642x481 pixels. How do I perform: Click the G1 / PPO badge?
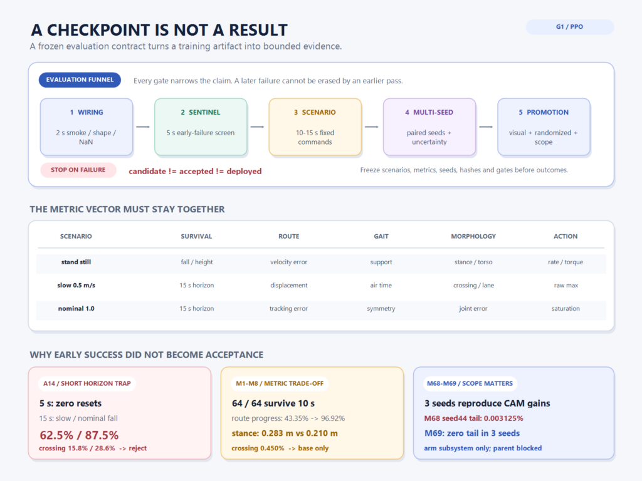point(569,27)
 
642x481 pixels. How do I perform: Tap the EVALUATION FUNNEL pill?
point(80,80)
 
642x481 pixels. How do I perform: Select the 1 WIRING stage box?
point(87,127)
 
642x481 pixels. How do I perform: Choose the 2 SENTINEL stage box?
point(201,127)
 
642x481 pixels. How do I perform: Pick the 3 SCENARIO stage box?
point(315,127)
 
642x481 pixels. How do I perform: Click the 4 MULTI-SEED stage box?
point(429,127)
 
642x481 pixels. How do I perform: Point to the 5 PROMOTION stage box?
point(544,127)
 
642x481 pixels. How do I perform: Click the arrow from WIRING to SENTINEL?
point(143,127)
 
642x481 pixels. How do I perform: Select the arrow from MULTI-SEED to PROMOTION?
point(486,127)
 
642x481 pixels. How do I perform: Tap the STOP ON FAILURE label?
point(78,170)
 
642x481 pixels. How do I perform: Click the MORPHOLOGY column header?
point(473,236)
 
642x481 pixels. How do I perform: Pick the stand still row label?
point(76,262)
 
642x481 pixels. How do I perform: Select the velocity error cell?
point(288,262)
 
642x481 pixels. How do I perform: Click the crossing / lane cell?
point(473,286)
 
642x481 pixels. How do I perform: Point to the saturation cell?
point(566,309)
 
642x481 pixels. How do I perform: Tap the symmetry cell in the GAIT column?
point(381,309)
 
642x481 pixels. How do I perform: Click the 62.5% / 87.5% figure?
point(79,435)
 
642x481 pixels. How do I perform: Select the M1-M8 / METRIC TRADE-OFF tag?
point(280,384)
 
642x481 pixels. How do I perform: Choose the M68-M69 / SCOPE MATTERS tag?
point(470,384)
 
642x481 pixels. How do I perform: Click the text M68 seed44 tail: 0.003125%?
point(474,418)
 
